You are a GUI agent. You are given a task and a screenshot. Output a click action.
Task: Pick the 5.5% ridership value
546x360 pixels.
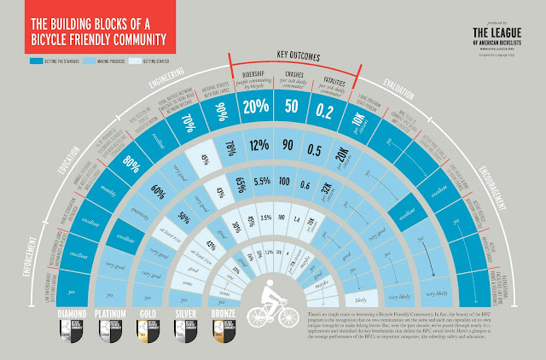(x=263, y=180)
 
